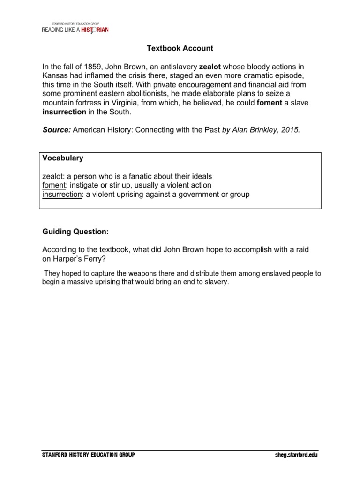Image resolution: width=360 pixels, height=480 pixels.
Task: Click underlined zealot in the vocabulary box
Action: pyautogui.click(x=54, y=176)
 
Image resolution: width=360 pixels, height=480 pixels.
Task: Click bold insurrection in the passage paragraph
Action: pyautogui.click(x=64, y=112)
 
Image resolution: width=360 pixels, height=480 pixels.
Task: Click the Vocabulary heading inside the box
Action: pyautogui.click(x=62, y=158)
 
